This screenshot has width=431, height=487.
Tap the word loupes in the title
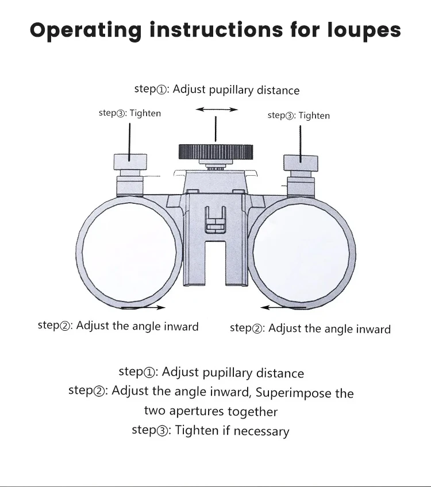pyautogui.click(x=364, y=30)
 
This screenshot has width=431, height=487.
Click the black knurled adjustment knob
pyautogui.click(x=215, y=152)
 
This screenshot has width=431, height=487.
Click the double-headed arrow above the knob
pyautogui.click(x=217, y=109)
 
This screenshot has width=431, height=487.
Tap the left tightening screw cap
pyautogui.click(x=130, y=163)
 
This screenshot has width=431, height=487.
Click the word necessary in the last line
pyautogui.click(x=261, y=431)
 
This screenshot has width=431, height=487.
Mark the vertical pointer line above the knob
pyautogui.click(x=215, y=129)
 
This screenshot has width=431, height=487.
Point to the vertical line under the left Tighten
pyautogui.click(x=130, y=138)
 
